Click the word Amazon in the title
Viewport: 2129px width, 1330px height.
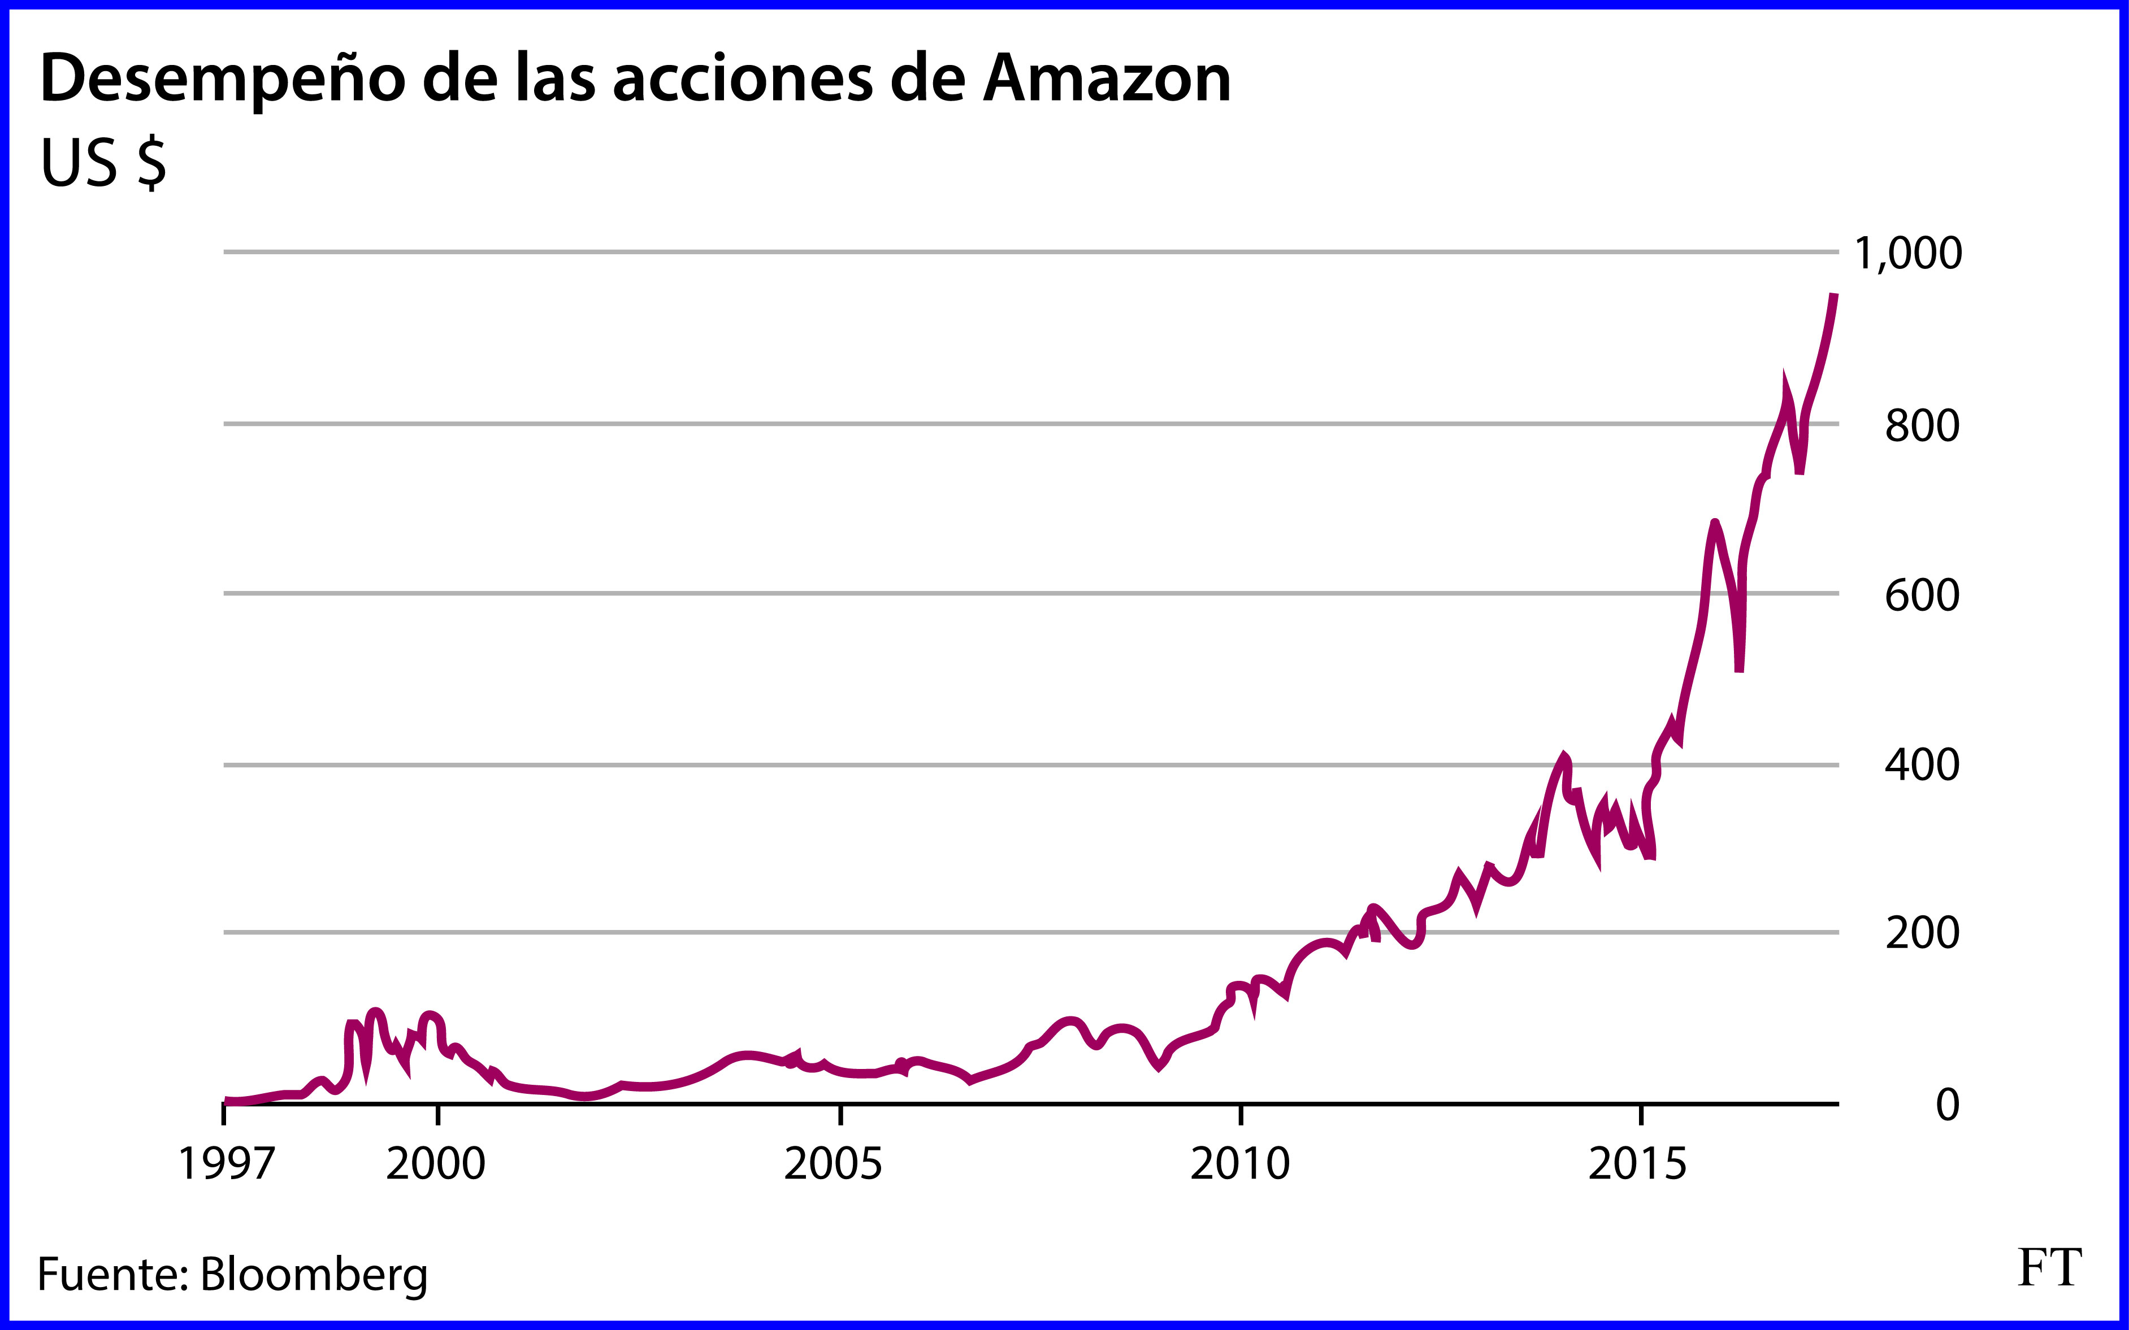point(1107,79)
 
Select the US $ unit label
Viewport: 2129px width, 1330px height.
point(103,164)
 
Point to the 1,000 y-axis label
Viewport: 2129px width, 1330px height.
point(1907,253)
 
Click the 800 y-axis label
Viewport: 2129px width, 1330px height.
point(1922,426)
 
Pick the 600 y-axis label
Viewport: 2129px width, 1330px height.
point(1922,596)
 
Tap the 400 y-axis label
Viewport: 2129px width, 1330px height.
point(1922,765)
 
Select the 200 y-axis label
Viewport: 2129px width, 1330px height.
point(1922,933)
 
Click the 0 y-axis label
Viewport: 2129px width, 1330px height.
point(1947,1105)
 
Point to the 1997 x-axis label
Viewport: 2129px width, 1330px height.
point(226,1164)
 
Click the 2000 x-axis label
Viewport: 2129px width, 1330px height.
point(436,1164)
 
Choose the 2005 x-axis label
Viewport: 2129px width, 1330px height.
point(832,1164)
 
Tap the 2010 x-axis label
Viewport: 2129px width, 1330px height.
point(1239,1164)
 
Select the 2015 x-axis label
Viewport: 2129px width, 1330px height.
point(1637,1164)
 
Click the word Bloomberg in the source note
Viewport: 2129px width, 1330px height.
point(314,1275)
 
